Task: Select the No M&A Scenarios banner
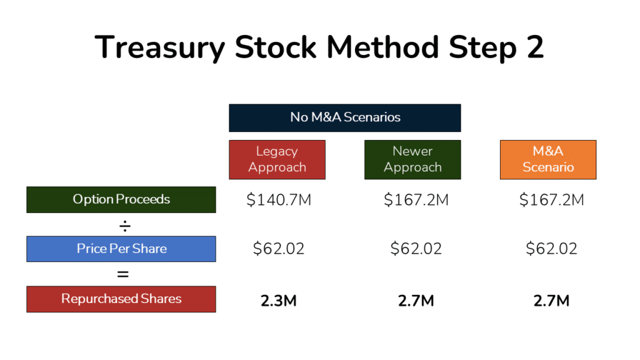tap(345, 117)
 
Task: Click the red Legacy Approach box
tap(277, 159)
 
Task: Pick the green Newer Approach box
tap(412, 159)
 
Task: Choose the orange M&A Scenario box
tap(548, 159)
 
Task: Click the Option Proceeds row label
tap(121, 199)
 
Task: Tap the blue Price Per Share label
tap(121, 249)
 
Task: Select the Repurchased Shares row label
tap(121, 299)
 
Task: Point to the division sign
tap(123, 224)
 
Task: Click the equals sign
tap(123, 274)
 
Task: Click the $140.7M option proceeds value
tap(278, 200)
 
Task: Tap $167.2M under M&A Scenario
tap(551, 200)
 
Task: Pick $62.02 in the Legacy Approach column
tap(278, 249)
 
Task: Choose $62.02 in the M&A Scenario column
tap(551, 249)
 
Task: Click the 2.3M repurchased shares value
tap(278, 301)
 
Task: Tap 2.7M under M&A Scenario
tap(551, 301)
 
